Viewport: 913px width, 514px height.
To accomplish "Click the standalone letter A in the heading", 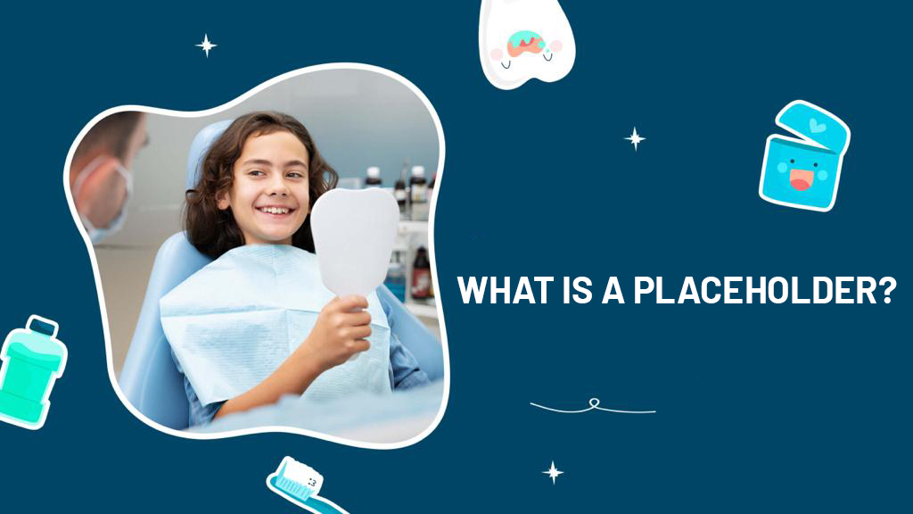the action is [x=613, y=290].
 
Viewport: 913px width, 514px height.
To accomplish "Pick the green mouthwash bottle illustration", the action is [x=32, y=372].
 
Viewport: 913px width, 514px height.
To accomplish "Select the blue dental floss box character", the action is [x=804, y=155].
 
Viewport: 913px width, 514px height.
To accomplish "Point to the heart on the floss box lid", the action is [x=817, y=125].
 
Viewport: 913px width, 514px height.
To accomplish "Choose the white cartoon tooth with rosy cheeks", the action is [x=526, y=42].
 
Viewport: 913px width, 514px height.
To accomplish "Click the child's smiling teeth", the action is [x=276, y=211].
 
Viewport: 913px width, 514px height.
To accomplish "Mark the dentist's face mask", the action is [x=106, y=197].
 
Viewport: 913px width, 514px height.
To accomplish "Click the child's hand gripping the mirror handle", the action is [x=342, y=329].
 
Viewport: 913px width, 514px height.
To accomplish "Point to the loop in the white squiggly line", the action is [x=594, y=402].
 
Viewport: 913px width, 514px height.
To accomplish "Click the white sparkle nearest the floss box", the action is [x=635, y=138].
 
